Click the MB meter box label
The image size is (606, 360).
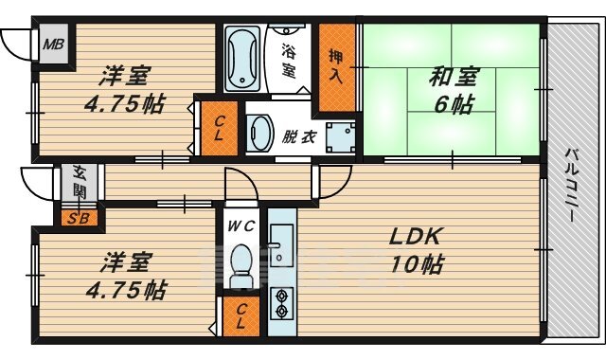pyautogui.click(x=53, y=45)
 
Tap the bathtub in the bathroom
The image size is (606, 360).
pyautogui.click(x=242, y=59)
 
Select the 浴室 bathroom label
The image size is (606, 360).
pyautogui.click(x=288, y=60)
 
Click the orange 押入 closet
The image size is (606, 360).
pyautogui.click(x=336, y=67)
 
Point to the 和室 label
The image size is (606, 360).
pyautogui.click(x=454, y=76)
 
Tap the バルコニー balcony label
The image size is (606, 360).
pyautogui.click(x=572, y=185)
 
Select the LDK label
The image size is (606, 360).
pyautogui.click(x=415, y=237)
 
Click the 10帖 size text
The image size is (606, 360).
pyautogui.click(x=417, y=264)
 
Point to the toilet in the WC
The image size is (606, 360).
pyautogui.click(x=241, y=265)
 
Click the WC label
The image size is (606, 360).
pyautogui.click(x=241, y=225)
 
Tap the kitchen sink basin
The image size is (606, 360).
pyautogui.click(x=282, y=245)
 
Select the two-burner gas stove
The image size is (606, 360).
pyautogui.click(x=282, y=303)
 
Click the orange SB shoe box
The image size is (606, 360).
pyautogui.click(x=80, y=219)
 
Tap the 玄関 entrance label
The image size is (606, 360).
pyautogui.click(x=80, y=182)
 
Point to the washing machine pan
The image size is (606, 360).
pyautogui.click(x=340, y=137)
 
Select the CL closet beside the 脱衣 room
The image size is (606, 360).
pyautogui.click(x=219, y=129)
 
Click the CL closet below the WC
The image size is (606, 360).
pyautogui.click(x=241, y=316)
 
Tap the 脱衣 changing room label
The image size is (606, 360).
pyautogui.click(x=299, y=136)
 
